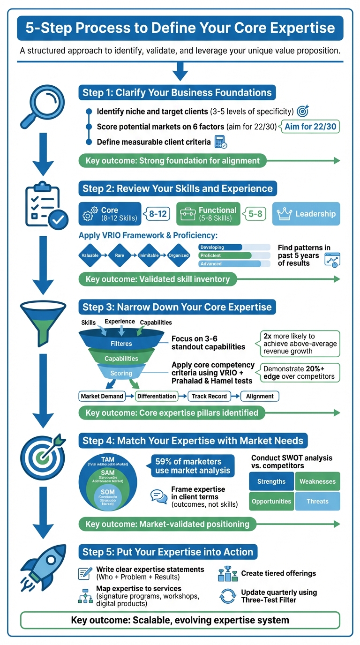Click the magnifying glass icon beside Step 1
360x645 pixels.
pos(41,106)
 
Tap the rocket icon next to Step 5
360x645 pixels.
pos(43,568)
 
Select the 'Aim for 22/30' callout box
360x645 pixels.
pos(310,127)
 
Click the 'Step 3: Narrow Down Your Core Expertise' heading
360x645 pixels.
pos(177,307)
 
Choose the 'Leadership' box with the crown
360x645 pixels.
pos(306,214)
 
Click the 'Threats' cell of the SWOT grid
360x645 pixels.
pos(317,501)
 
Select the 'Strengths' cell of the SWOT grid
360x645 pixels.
pos(271,481)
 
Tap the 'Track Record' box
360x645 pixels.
pos(209,396)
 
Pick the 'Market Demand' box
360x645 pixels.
pos(102,396)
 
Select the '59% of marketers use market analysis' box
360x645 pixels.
pos(192,466)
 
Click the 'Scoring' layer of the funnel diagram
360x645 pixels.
pos(121,373)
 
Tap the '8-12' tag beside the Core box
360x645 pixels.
pos(158,214)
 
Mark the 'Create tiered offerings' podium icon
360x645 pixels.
pos(228,574)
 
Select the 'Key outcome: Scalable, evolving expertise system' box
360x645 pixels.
pos(180,620)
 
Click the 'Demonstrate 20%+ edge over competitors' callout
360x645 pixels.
pos(299,373)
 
